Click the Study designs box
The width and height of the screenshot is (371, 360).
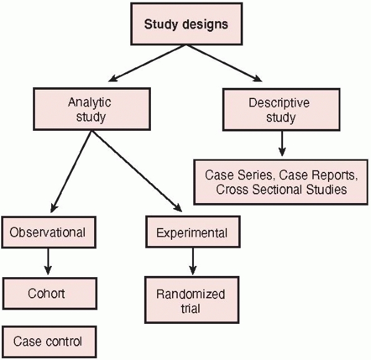[x=186, y=24]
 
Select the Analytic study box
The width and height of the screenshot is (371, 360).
[x=92, y=109]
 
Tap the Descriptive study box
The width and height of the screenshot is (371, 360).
[x=281, y=110]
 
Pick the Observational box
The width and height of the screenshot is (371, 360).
[x=49, y=232]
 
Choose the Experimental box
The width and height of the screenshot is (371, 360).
[x=193, y=232]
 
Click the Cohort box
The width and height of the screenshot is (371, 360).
[x=50, y=293]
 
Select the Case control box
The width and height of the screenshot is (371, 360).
[x=50, y=341]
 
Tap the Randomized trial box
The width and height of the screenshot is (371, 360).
[x=192, y=300]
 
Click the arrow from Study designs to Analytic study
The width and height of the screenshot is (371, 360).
[x=147, y=64]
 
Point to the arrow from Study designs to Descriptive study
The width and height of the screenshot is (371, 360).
[x=224, y=64]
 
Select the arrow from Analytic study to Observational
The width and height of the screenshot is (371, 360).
[x=71, y=172]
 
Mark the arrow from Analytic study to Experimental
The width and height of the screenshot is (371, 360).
[x=137, y=171]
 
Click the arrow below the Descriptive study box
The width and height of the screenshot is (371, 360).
[x=282, y=143]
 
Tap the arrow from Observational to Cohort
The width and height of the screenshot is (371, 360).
[x=48, y=262]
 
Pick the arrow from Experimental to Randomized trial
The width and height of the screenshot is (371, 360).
[x=193, y=261]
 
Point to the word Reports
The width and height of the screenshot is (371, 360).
[x=335, y=176]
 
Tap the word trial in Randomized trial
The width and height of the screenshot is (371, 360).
[x=191, y=309]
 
